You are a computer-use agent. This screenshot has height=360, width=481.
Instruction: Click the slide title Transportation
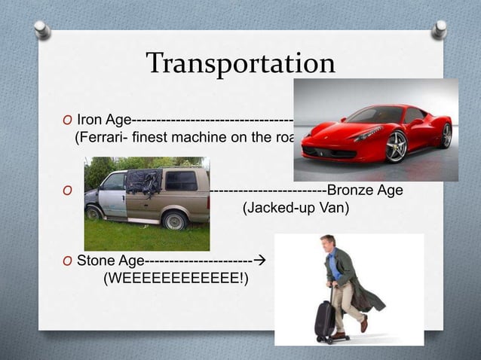[x=240, y=63]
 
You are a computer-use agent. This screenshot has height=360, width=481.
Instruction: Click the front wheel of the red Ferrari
[x=396, y=146]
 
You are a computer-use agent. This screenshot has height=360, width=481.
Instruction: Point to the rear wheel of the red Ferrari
[x=446, y=135]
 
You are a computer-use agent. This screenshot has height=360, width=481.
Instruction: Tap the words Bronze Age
[x=364, y=190]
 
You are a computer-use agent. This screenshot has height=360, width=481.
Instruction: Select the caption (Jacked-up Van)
[x=296, y=207]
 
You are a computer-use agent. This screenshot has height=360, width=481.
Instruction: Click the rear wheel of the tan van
[x=174, y=220]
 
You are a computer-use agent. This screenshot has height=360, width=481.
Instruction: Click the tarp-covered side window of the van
[x=144, y=182]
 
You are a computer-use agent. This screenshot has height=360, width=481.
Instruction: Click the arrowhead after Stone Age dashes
[x=260, y=261]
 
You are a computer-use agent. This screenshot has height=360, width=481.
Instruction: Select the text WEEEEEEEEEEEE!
[x=176, y=279]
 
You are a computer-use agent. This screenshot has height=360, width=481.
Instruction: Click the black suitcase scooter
[x=325, y=319]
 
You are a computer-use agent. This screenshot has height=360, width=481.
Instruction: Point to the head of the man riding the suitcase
[x=328, y=245]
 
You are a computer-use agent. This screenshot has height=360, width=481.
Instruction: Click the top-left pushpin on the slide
[x=42, y=29]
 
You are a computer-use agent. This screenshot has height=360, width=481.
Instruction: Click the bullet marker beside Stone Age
[x=68, y=262]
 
